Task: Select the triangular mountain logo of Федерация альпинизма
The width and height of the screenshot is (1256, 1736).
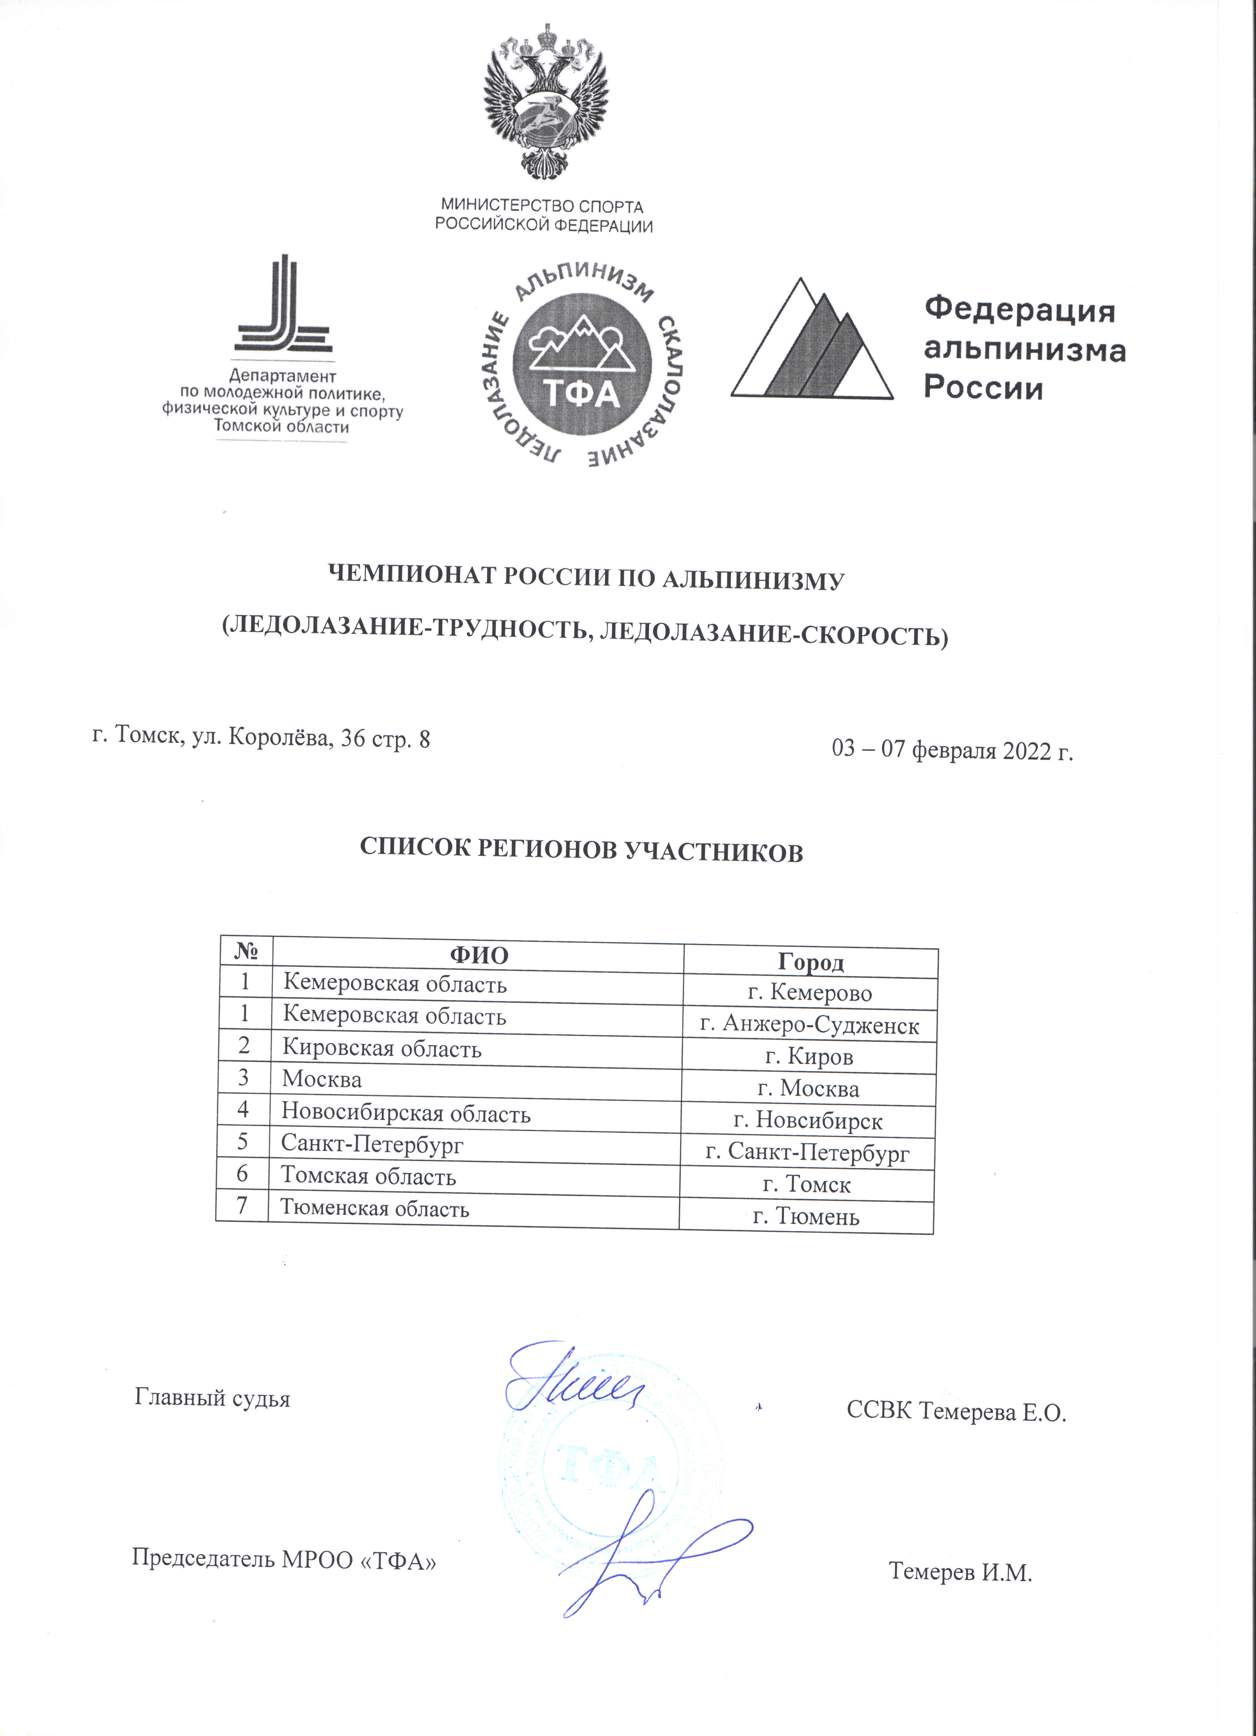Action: pyautogui.click(x=812, y=341)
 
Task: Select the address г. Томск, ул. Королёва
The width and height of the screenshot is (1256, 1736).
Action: pyautogui.click(x=261, y=738)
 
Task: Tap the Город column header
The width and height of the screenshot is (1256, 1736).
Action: pyautogui.click(x=811, y=962)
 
